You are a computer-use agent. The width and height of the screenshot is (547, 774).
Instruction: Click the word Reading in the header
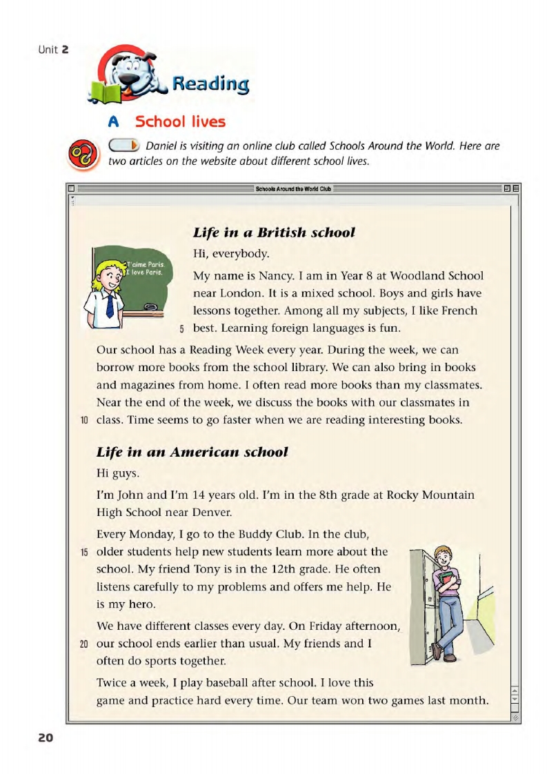210,84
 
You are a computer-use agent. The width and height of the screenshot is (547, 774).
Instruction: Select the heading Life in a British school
274,232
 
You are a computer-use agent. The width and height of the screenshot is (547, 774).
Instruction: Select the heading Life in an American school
192,452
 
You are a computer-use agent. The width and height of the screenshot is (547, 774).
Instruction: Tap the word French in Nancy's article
458,310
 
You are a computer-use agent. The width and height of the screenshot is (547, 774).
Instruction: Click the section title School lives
180,122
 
